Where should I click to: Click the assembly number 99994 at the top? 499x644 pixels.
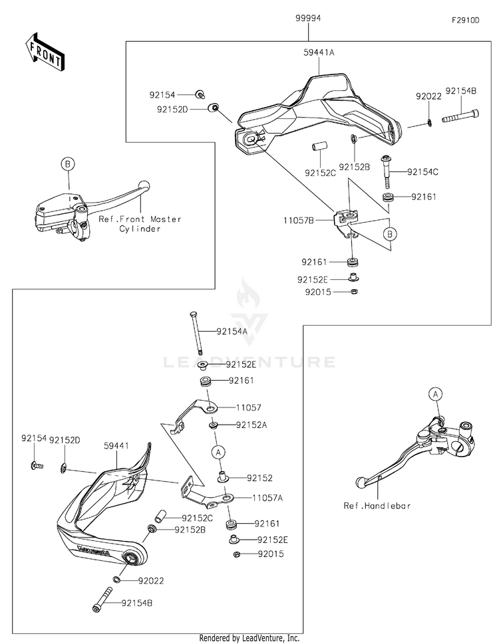coord(309,19)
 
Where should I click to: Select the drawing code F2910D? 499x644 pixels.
coord(465,21)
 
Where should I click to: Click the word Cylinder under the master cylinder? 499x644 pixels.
coord(140,229)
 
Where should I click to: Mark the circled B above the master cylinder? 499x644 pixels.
coord(67,163)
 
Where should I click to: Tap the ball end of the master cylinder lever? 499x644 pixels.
coord(142,187)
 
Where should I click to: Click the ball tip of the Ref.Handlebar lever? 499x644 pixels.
coord(360,481)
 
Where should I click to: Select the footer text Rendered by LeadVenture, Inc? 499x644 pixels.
coord(249,638)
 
